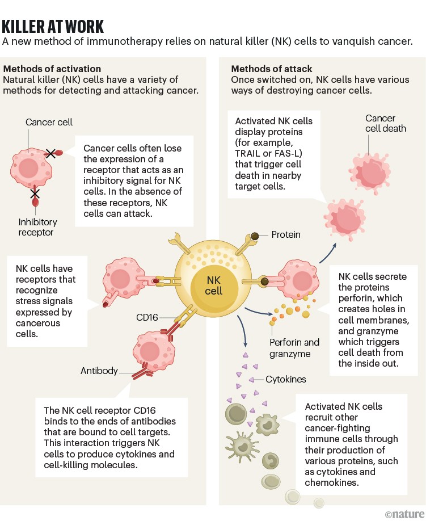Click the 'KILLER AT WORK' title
click(53, 26)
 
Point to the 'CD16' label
click(146, 317)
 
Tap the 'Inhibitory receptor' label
click(37, 228)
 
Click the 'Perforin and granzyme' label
click(294, 348)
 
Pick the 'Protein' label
click(286, 234)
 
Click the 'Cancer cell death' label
click(386, 123)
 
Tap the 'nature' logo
click(404, 514)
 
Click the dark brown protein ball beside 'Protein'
click(256, 235)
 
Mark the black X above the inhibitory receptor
click(35, 194)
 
